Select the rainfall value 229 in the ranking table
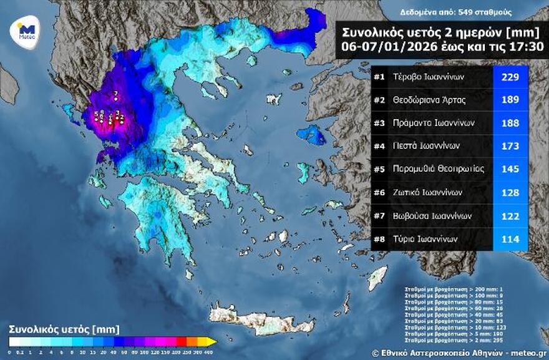click(510, 77)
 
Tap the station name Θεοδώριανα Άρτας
click(429, 100)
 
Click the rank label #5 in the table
click(379, 169)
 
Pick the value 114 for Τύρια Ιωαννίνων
click(510, 238)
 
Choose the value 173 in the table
click(510, 146)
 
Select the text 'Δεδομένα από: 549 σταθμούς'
click(447, 12)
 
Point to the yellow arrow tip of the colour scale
click(212, 341)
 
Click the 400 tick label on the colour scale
click(210, 351)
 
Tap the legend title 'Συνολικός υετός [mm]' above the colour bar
click(64, 329)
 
